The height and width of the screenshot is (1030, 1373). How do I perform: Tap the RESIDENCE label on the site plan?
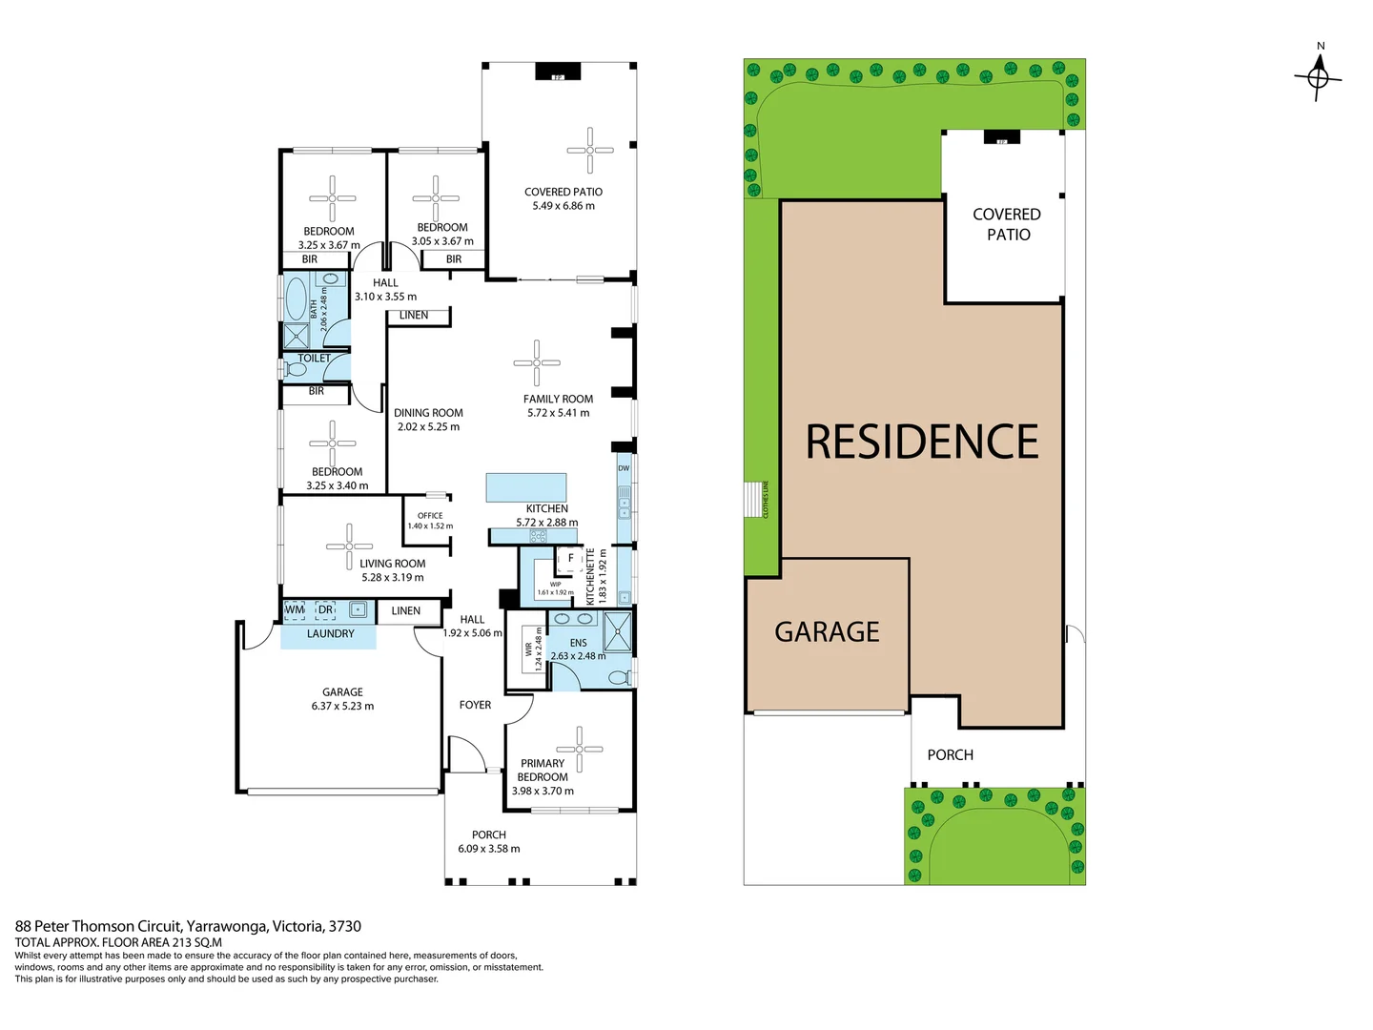click(921, 443)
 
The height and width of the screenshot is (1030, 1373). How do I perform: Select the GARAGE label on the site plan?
click(827, 632)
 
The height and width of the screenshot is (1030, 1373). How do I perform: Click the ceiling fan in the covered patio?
click(590, 150)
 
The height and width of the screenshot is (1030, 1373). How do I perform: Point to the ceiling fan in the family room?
click(537, 362)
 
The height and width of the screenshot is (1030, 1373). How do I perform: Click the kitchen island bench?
click(526, 487)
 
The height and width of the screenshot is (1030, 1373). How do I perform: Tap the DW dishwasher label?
click(624, 468)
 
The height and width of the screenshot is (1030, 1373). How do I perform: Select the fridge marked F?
click(570, 559)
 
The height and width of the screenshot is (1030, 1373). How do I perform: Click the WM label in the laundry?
click(295, 609)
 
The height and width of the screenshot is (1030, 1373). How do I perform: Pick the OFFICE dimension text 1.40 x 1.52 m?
click(430, 526)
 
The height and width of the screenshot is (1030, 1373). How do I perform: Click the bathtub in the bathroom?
click(297, 299)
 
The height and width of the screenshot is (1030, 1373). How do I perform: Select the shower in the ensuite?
click(617, 630)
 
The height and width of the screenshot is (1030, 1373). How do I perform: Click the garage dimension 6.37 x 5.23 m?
click(342, 707)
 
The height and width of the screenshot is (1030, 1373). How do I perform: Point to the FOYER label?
click(475, 705)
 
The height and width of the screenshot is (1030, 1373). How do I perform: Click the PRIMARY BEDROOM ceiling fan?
click(579, 749)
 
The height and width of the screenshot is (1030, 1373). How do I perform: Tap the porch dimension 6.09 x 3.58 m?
click(488, 849)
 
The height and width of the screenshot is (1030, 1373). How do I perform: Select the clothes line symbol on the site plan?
click(755, 499)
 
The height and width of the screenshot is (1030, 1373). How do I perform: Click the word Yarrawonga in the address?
click(227, 926)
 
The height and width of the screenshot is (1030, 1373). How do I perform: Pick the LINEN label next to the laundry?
click(405, 611)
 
